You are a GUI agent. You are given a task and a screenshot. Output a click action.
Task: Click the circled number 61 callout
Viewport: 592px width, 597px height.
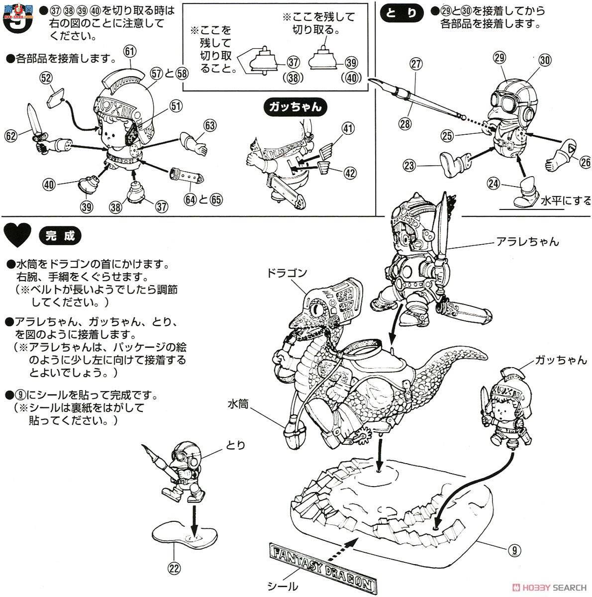coord(131,51)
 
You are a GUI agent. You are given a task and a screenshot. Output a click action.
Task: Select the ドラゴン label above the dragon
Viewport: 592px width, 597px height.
coord(288,273)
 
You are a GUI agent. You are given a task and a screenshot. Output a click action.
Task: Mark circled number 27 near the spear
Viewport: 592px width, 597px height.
coord(416,64)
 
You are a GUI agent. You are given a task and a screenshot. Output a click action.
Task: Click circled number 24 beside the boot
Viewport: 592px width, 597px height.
coord(493,184)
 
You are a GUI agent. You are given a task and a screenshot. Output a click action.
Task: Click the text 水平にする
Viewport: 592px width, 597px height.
coord(567,200)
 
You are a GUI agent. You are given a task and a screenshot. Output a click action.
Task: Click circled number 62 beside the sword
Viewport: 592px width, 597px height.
coord(10,134)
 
